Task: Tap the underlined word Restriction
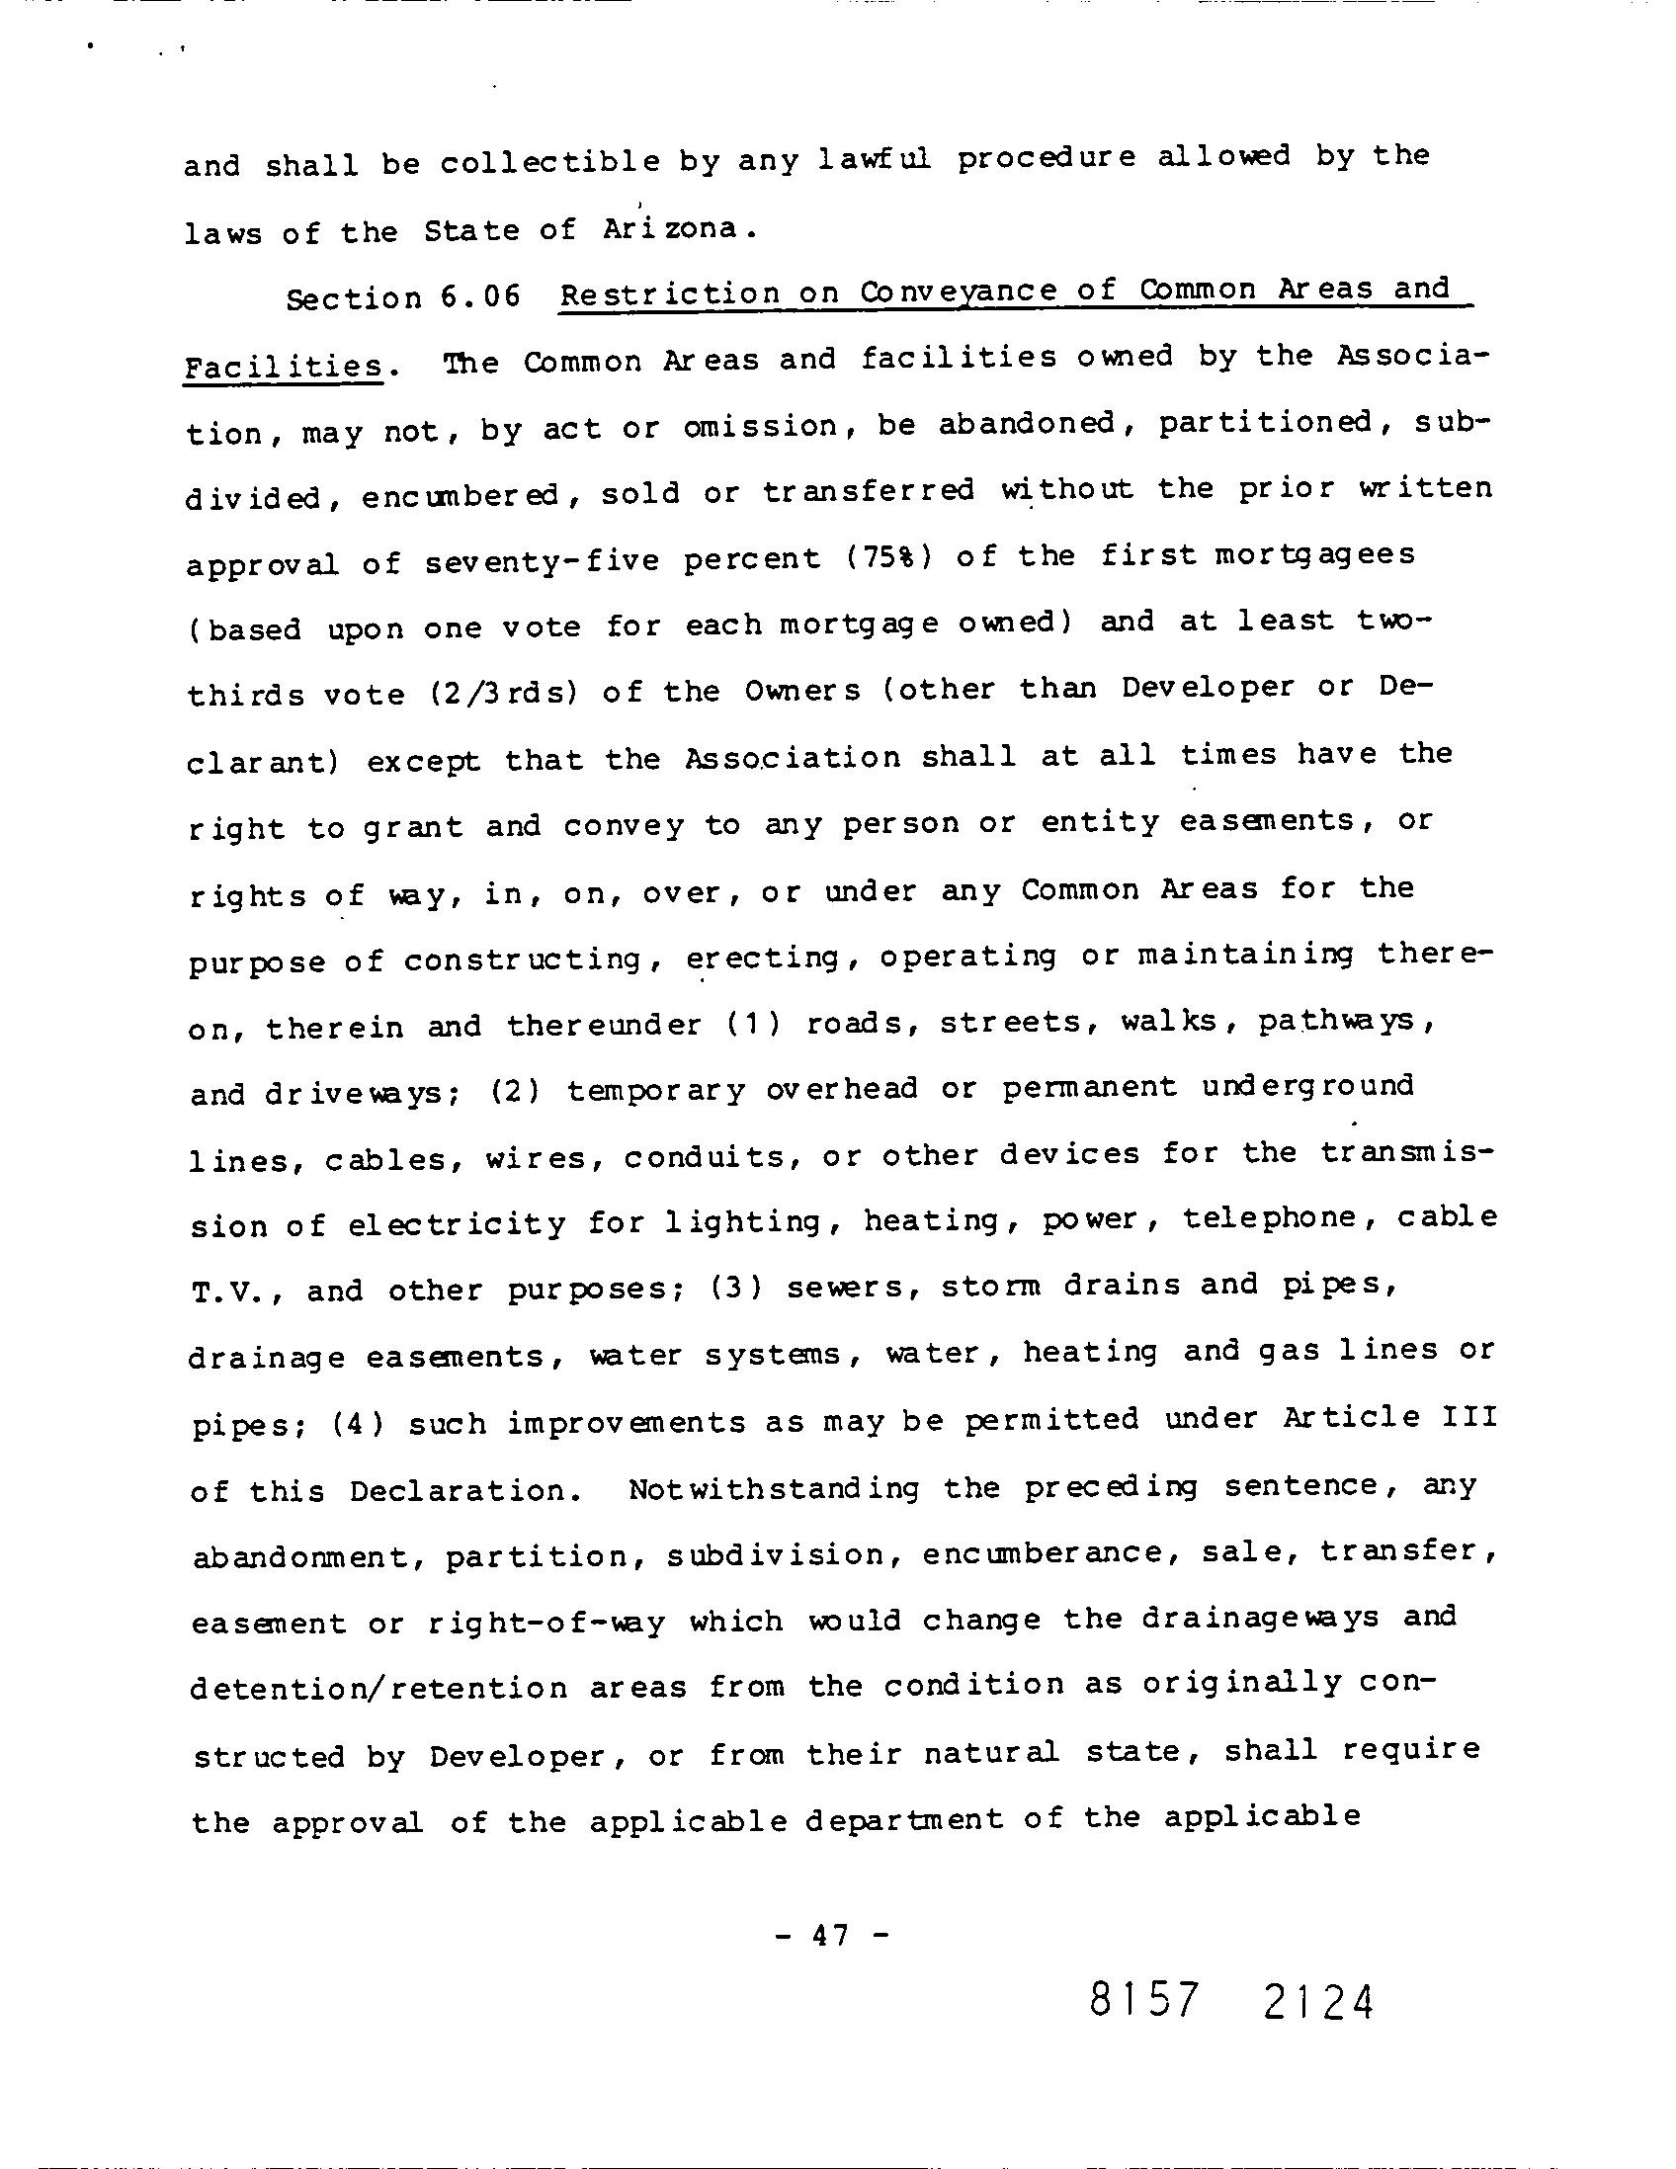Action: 670,293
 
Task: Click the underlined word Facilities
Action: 283,367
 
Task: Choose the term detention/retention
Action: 378,1688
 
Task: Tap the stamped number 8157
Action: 1143,2000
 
